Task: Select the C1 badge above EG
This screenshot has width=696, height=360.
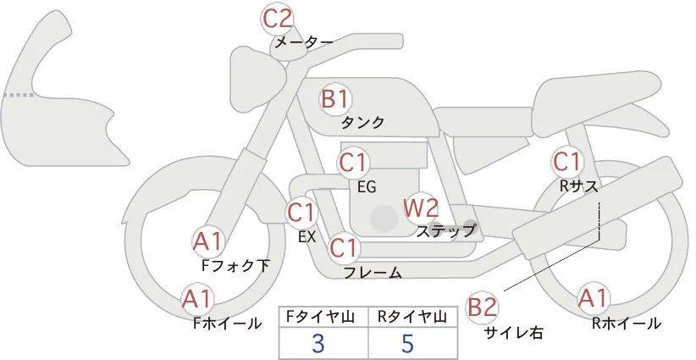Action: [x=353, y=161]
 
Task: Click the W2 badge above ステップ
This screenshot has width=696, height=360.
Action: [x=420, y=208]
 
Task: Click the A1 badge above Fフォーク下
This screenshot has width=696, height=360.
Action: [x=207, y=242]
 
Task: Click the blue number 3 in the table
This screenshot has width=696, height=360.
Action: [x=318, y=343]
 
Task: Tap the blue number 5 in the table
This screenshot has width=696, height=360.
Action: [x=409, y=343]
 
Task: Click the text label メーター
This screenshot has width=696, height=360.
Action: [x=302, y=42]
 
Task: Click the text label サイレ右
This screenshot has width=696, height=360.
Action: [x=513, y=332]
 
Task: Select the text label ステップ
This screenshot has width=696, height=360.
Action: [x=446, y=230]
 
